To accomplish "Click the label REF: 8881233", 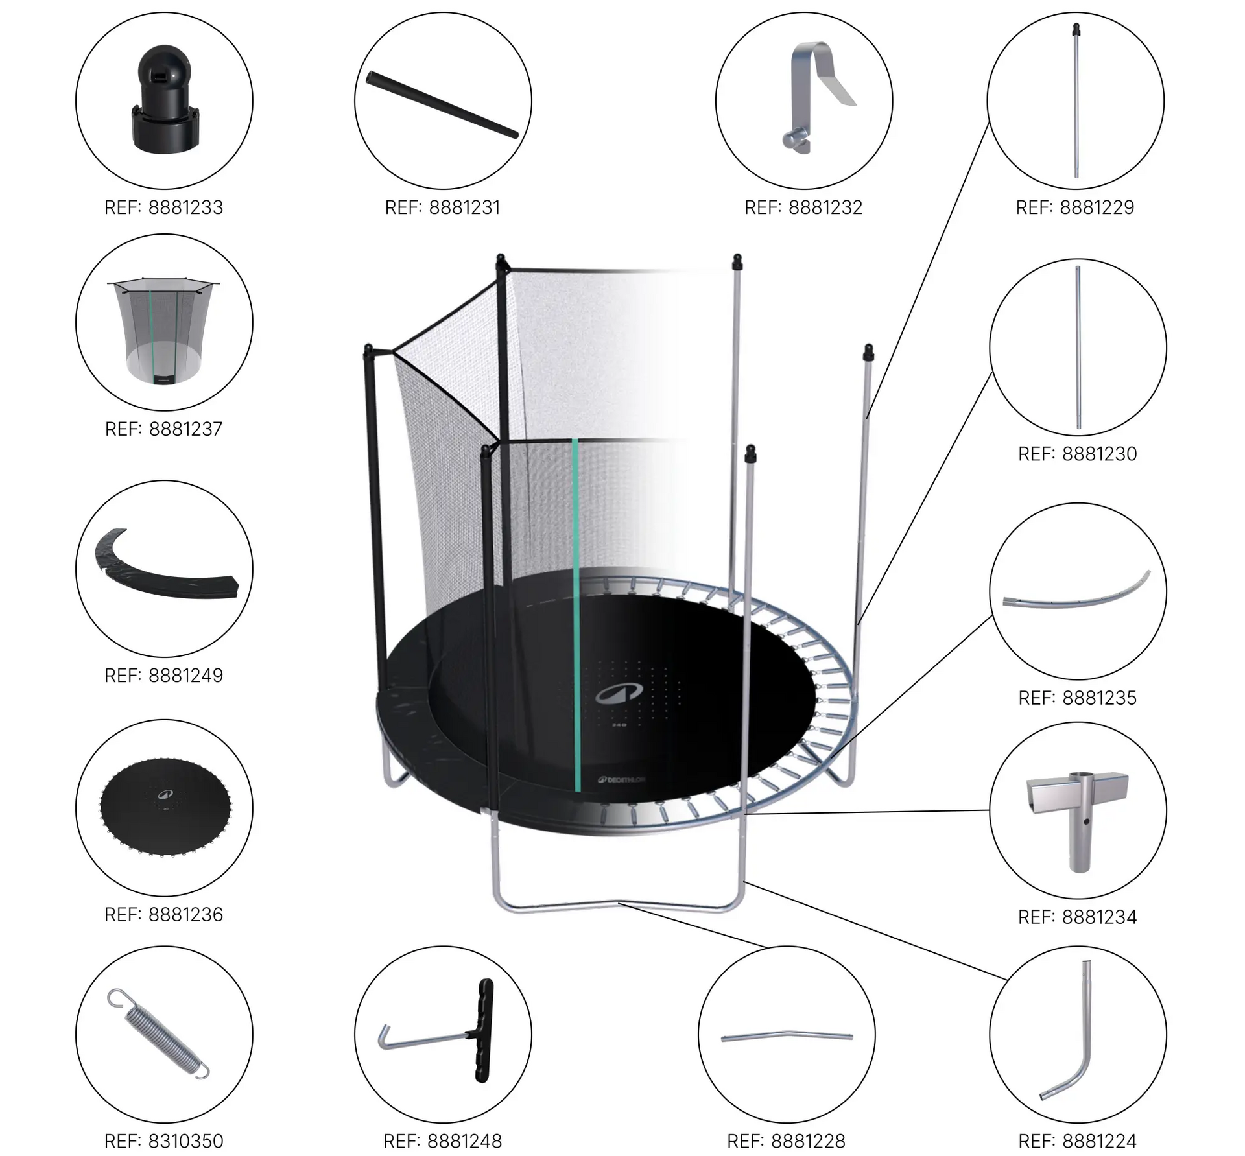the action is (163, 207).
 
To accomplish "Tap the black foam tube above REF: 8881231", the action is (443, 104).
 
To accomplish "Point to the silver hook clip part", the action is (818, 97).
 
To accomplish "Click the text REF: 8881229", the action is (1075, 207).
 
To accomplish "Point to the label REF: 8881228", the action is (786, 1140).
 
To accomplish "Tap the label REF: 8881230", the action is (1078, 454).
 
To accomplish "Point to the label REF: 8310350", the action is (163, 1140).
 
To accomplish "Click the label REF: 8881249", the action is (163, 675).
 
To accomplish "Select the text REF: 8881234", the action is (1078, 917).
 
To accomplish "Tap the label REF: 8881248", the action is (443, 1140).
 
